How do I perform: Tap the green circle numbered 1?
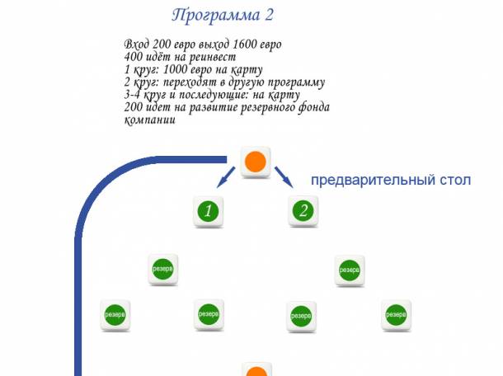tap(209, 211)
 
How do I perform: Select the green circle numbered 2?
tap(303, 211)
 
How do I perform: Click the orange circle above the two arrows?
tap(256, 162)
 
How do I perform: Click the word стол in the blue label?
tap(454, 179)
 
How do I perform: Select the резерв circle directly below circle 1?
tap(209, 314)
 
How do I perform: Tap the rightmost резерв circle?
tap(397, 314)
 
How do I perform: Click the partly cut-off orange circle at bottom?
tap(257, 370)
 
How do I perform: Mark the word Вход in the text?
tap(137, 44)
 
